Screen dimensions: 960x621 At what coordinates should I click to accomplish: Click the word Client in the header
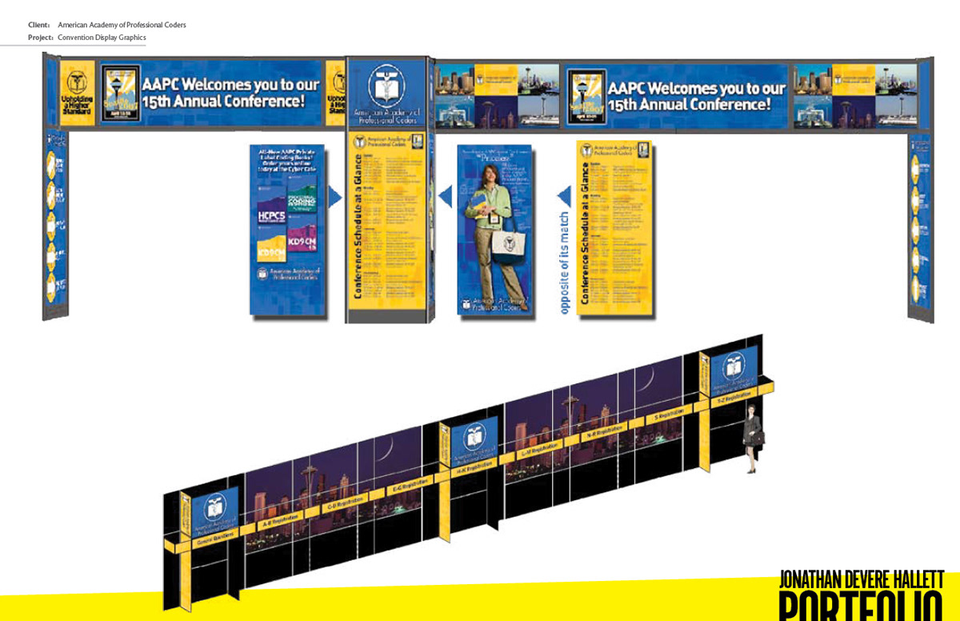point(38,26)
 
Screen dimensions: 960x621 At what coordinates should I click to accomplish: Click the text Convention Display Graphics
point(102,38)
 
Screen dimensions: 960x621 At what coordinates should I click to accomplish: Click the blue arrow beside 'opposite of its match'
point(565,196)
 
